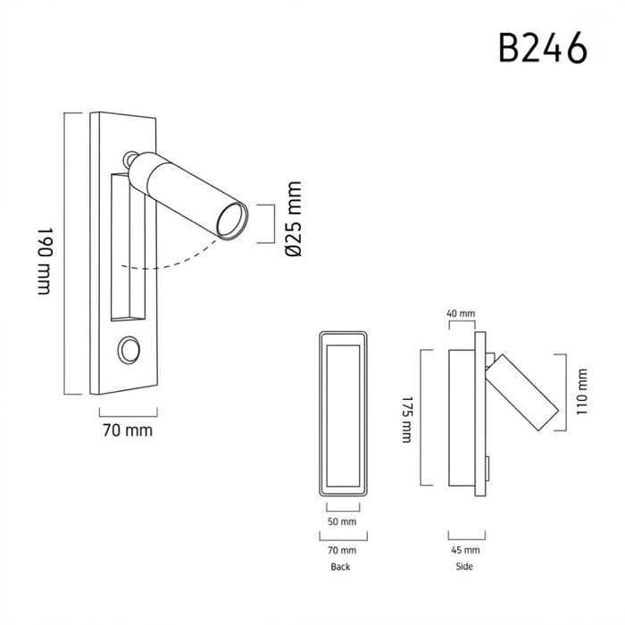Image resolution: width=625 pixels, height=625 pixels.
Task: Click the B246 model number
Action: click(x=543, y=47)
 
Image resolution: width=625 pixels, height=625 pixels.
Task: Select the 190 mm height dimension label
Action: click(x=45, y=261)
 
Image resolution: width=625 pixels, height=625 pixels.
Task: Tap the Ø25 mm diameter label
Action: click(x=294, y=219)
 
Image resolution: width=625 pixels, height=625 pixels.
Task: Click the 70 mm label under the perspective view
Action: click(x=128, y=430)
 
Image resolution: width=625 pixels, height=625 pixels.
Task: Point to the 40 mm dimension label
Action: click(x=461, y=313)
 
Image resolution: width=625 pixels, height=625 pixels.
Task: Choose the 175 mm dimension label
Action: click(x=406, y=420)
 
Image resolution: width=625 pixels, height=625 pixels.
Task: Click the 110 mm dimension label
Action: click(x=582, y=391)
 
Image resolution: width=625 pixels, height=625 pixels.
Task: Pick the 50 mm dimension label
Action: click(x=342, y=521)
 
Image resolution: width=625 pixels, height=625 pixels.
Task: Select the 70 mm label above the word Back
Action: click(x=342, y=550)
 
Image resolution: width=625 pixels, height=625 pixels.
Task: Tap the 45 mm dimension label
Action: click(x=465, y=550)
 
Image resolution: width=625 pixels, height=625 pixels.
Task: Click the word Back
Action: click(x=340, y=567)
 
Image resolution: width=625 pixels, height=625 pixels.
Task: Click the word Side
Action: click(x=464, y=566)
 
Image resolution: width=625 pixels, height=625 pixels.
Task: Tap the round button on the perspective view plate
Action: click(x=129, y=350)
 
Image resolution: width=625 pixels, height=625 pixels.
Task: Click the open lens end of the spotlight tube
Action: click(x=232, y=221)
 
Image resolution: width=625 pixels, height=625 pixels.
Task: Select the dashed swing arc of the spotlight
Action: click(x=171, y=263)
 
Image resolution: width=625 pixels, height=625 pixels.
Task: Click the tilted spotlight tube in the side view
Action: click(x=521, y=392)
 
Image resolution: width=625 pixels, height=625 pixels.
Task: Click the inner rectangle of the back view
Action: click(x=343, y=416)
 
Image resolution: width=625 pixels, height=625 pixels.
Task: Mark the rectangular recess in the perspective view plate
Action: click(x=128, y=246)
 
